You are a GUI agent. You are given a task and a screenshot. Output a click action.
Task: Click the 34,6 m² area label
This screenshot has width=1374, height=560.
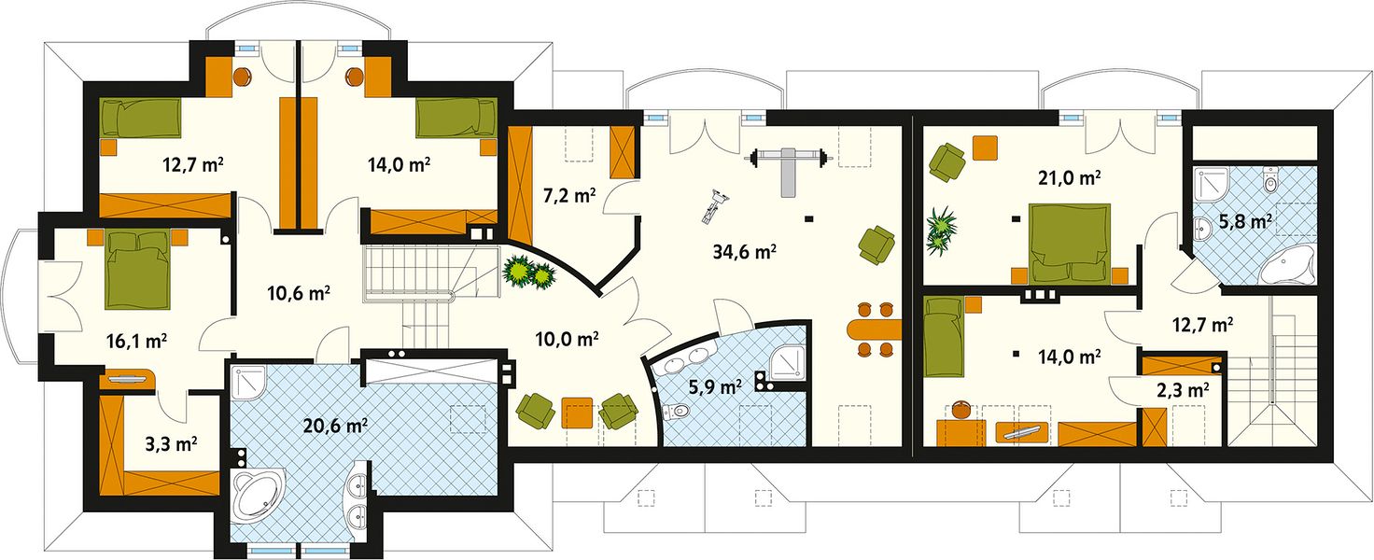[745, 252]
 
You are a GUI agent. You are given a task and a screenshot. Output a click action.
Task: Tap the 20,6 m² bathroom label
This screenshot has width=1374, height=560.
[335, 425]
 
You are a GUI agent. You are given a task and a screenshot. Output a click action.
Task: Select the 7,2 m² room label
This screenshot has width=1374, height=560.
[569, 196]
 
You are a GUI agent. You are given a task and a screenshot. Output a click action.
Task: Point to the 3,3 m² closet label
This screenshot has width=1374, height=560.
[171, 443]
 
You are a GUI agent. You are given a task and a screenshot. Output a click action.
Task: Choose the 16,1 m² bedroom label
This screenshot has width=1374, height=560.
[137, 341]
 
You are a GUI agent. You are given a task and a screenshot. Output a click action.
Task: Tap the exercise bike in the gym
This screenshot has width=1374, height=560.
[715, 206]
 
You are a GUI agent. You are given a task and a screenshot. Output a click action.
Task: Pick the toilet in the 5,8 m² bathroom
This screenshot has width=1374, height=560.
[1270, 180]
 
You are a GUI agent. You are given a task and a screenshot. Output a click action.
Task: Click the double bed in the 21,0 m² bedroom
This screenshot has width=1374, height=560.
[1070, 244]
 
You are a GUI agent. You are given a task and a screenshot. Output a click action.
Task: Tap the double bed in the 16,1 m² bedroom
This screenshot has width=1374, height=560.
[138, 269]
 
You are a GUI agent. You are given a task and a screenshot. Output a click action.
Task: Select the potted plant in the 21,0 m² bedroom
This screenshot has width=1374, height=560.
[941, 230]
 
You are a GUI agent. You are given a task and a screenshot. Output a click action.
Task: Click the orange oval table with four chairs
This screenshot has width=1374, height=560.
[874, 329]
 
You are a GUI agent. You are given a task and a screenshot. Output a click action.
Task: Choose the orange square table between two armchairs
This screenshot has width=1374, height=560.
[577, 413]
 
